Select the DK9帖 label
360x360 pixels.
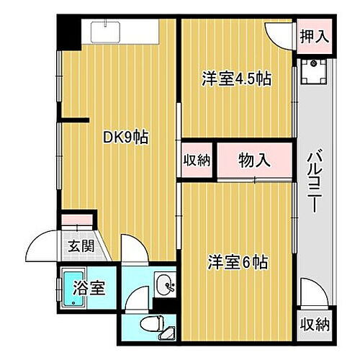pos(125,136)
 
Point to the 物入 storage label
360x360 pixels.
pos(254,160)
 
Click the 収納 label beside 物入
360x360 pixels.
pos(196,160)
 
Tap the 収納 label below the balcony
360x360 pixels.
pos(314,322)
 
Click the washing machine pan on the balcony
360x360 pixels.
pos(314,71)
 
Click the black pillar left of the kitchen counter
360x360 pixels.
pos(69,32)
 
